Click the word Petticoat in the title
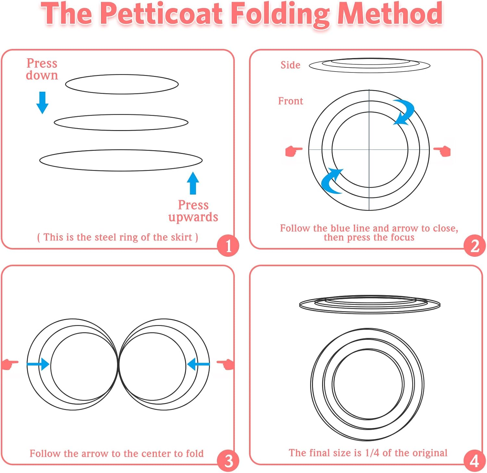[x=161, y=14]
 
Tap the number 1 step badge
[x=228, y=246]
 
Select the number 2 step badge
[x=475, y=246]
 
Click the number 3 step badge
[x=228, y=461]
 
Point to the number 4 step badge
[x=475, y=461]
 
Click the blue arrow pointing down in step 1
[x=42, y=102]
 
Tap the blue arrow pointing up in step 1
[x=193, y=183]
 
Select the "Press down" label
[x=42, y=69]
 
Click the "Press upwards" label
[x=193, y=211]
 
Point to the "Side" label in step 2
[x=290, y=65]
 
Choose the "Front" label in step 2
[x=290, y=101]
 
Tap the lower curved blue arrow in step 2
[x=331, y=181]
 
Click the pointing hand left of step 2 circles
[x=293, y=151]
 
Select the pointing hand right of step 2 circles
[x=443, y=151]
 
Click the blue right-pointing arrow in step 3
[x=38, y=364]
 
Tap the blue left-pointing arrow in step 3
[x=198, y=364]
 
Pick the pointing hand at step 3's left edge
[x=10, y=364]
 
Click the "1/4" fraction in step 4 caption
[x=372, y=453]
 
